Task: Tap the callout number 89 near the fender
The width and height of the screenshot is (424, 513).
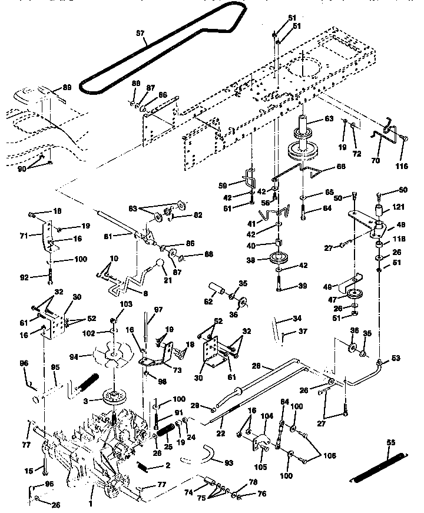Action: [x=67, y=88]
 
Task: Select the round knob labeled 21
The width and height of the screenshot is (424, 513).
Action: [x=160, y=266]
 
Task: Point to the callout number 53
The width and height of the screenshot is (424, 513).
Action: [x=395, y=358]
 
